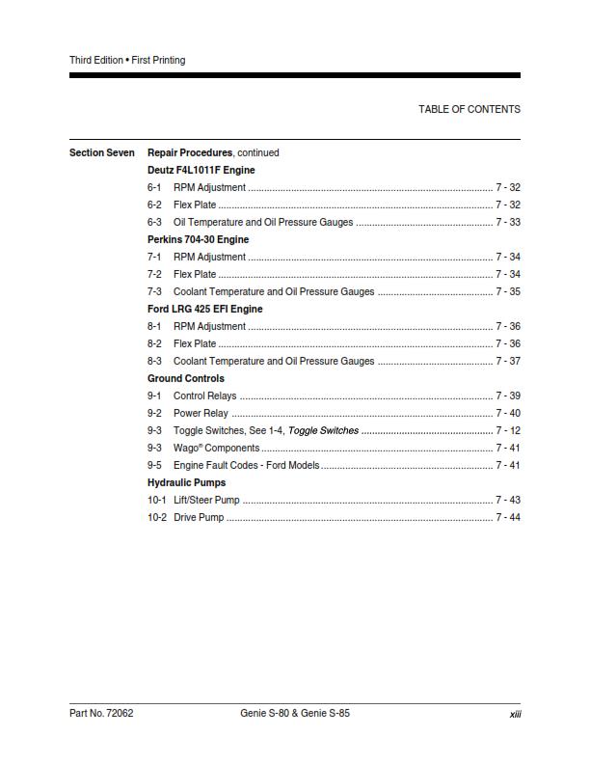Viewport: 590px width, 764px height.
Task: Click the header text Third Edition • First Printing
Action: point(127,60)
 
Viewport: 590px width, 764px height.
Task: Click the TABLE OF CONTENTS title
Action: point(469,109)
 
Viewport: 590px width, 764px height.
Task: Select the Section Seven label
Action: point(102,152)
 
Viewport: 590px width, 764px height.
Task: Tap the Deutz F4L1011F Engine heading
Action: point(201,170)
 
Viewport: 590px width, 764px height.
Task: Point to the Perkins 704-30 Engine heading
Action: point(198,239)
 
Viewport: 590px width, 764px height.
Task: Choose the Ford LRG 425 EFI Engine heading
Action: point(204,309)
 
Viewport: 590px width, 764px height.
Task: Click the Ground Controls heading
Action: point(186,378)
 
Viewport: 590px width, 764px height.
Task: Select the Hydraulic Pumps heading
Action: point(187,482)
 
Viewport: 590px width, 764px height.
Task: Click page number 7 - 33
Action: point(508,222)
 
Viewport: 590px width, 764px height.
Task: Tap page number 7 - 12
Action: point(508,430)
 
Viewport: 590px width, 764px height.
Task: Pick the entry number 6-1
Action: point(154,187)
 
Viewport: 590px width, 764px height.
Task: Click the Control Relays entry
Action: point(204,396)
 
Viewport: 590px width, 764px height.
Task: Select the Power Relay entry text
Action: point(201,413)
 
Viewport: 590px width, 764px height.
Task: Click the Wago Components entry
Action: point(216,448)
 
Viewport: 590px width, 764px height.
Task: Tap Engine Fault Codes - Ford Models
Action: point(246,465)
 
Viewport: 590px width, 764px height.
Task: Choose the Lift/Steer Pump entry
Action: point(206,500)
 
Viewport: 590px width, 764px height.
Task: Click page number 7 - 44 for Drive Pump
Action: point(508,517)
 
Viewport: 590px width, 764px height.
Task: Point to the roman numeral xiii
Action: point(515,714)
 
